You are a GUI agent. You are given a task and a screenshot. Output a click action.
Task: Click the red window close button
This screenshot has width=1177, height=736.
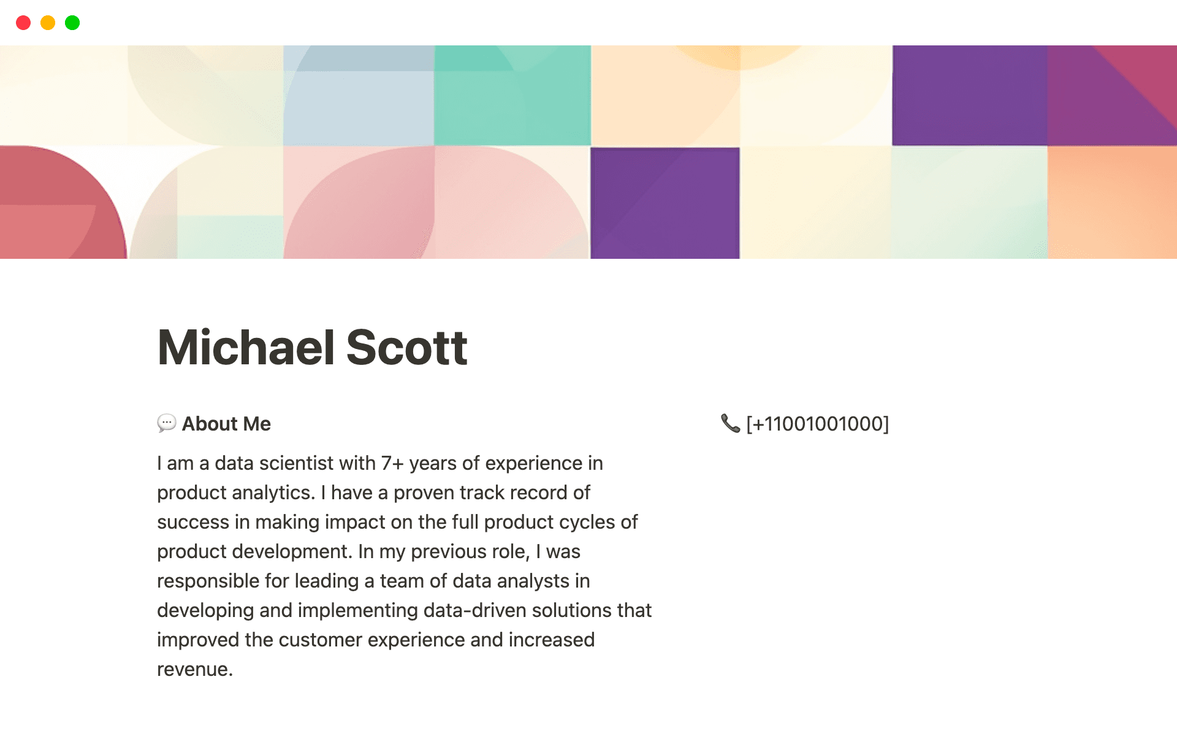pyautogui.click(x=23, y=23)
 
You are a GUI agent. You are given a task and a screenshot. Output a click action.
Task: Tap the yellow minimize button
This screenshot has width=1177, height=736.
pyautogui.click(x=48, y=23)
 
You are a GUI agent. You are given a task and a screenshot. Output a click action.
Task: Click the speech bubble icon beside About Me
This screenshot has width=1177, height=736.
pyautogui.click(x=166, y=423)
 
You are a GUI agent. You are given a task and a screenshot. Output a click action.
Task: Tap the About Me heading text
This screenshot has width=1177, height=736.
pyautogui.click(x=226, y=424)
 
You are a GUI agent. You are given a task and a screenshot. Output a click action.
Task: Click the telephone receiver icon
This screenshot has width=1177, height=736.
pyautogui.click(x=730, y=423)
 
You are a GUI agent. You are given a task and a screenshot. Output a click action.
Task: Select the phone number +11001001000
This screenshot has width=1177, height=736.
pyautogui.click(x=817, y=424)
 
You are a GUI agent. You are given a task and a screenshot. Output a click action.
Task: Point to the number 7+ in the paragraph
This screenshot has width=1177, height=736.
pyautogui.click(x=392, y=463)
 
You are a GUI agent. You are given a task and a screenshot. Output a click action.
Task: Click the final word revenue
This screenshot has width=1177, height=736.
pyautogui.click(x=193, y=669)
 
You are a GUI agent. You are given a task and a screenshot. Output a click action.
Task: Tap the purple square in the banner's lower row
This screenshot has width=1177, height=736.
pyautogui.click(x=665, y=202)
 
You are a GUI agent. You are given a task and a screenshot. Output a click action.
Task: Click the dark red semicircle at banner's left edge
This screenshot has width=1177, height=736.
pyautogui.click(x=55, y=202)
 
